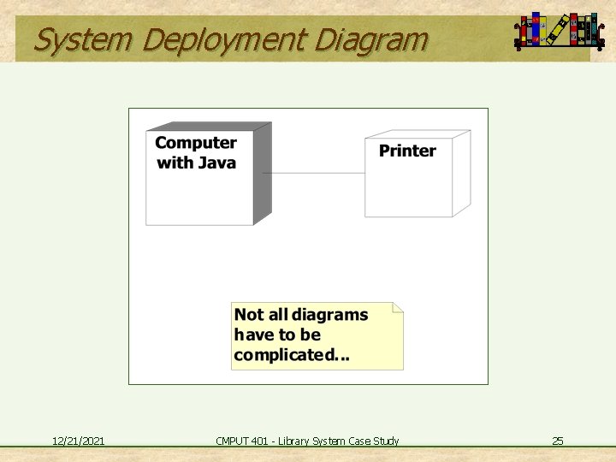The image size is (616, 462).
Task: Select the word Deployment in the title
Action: pos(224,39)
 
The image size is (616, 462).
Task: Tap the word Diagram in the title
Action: pos(371,39)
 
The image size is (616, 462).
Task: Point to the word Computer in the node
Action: pos(196,143)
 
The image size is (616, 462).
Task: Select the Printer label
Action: pos(407,151)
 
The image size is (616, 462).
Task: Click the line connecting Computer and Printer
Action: pos(312,173)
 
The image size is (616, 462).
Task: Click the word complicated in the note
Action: pos(281,354)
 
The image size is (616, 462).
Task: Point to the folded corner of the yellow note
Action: pos(397,307)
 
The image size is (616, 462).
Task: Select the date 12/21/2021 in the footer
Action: pos(79,441)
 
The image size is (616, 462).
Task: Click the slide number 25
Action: pos(558,441)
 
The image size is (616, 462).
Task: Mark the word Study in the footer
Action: pos(385,441)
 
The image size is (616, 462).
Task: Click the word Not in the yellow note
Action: pos(249,315)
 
